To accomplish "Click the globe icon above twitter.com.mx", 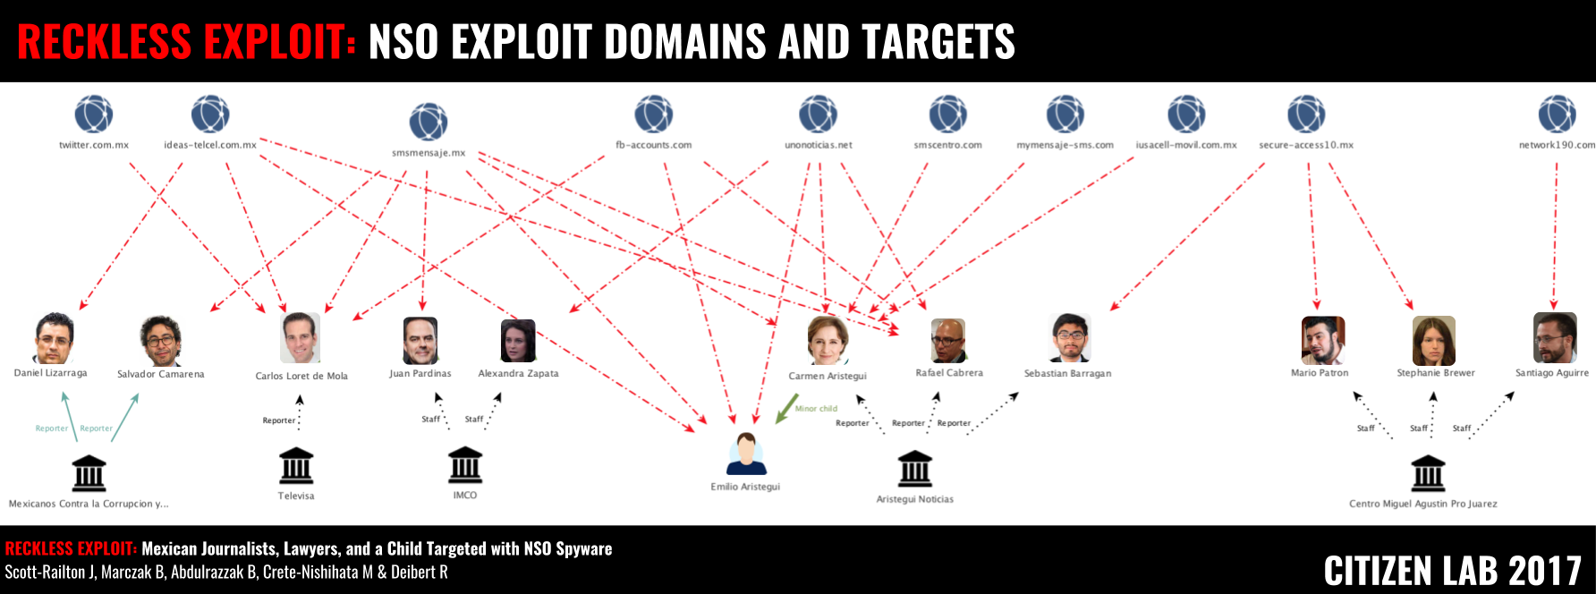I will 94,115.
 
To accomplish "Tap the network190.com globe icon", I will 1557,115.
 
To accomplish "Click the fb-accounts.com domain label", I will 653,145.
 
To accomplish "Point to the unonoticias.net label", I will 819,145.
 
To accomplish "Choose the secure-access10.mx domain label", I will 1306,145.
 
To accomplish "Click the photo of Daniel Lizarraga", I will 54,339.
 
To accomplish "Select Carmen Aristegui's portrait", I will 828,340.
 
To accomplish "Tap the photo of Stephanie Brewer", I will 1434,341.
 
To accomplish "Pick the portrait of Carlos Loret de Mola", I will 300,338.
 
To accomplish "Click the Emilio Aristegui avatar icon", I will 746,454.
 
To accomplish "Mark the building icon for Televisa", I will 296,466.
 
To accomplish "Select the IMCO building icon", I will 465,465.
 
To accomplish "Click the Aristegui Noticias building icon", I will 915,469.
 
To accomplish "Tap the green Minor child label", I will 816,409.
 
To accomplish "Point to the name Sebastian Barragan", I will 1067,374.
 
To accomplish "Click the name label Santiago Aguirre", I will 1552,373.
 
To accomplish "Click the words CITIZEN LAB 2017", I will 1453,571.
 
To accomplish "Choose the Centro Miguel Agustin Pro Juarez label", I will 1422,504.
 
